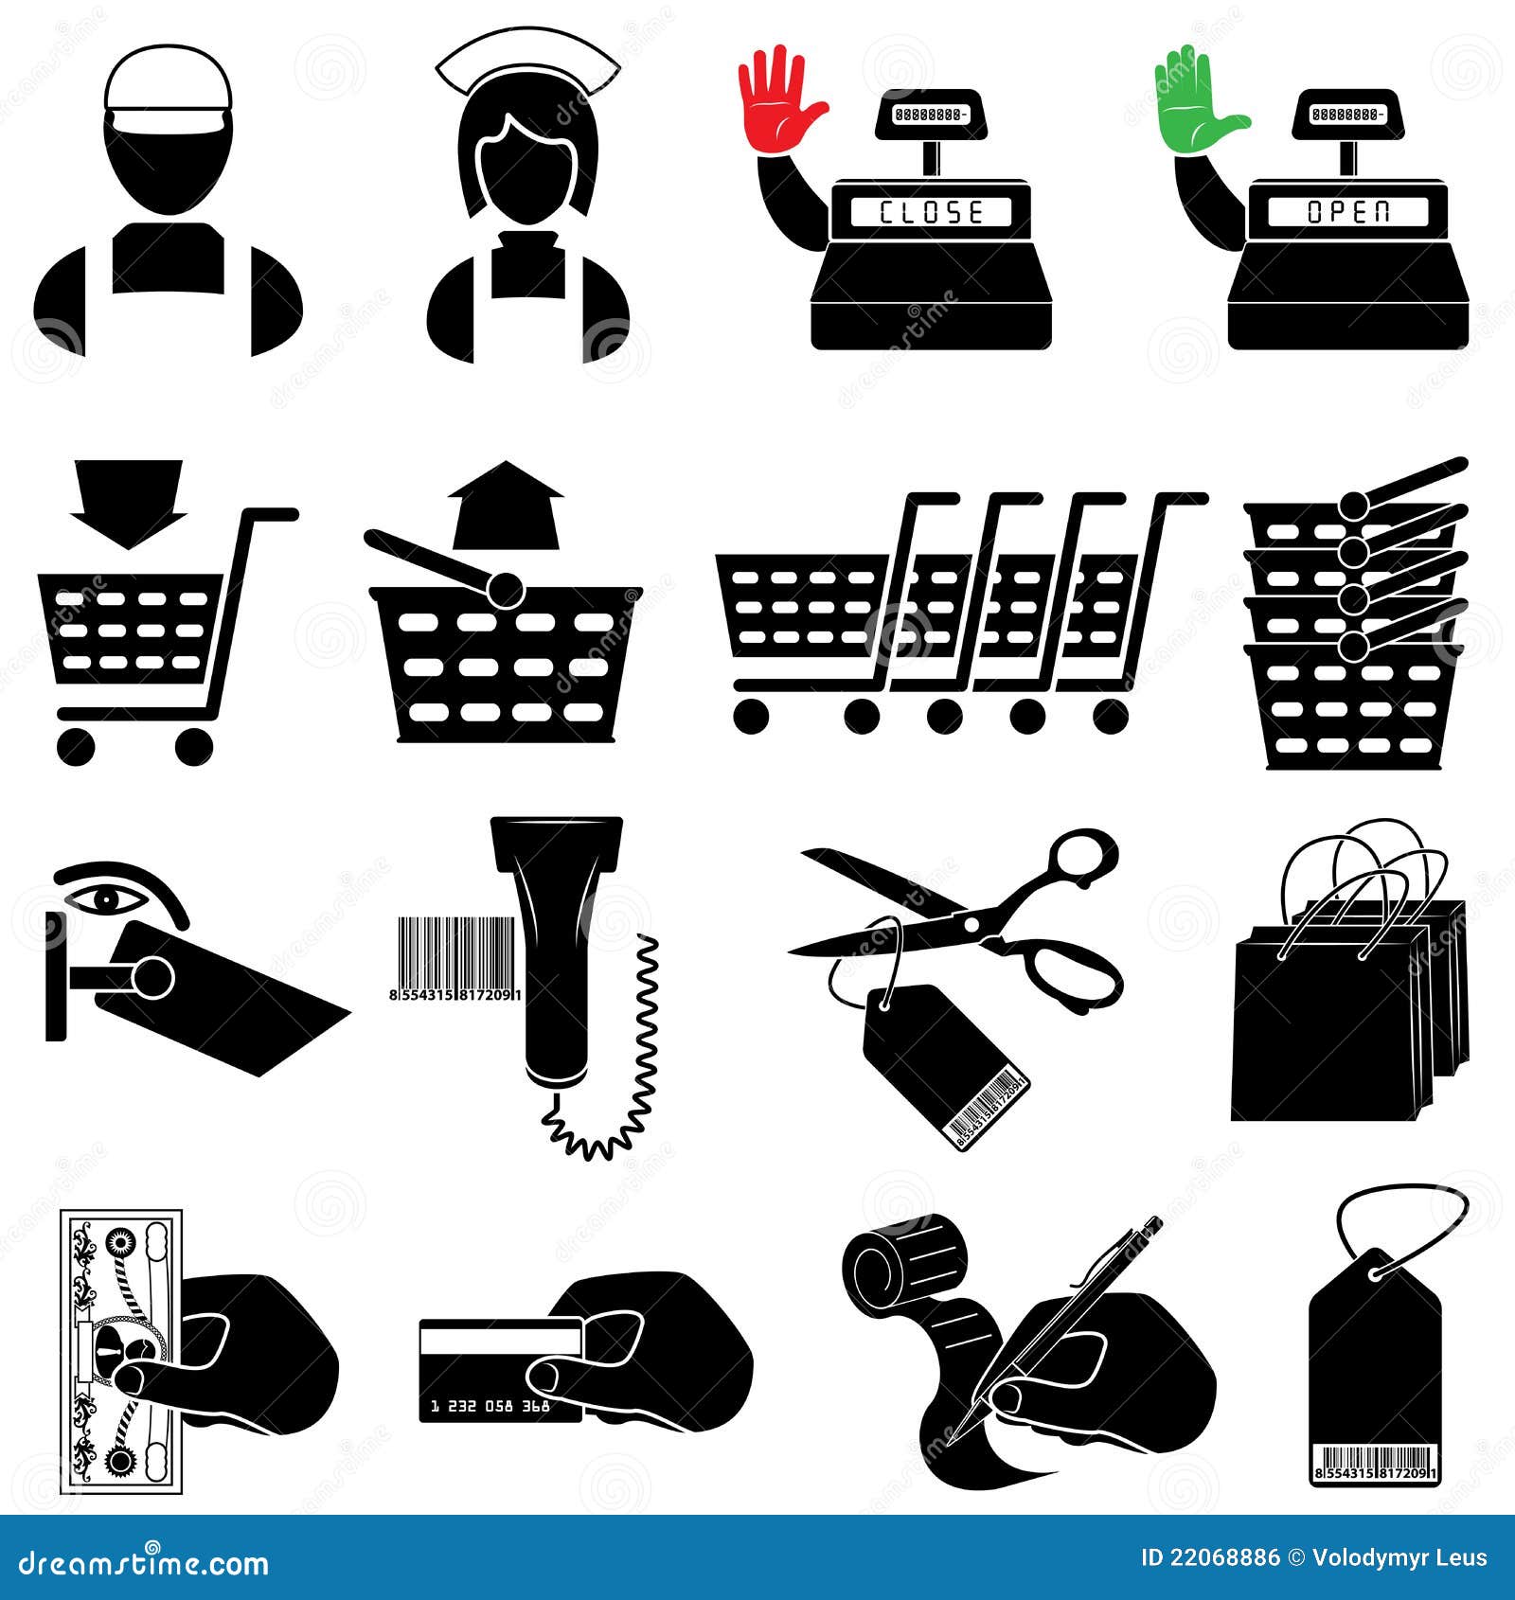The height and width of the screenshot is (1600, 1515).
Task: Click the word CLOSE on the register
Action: [931, 212]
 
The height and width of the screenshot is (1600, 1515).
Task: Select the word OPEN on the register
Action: [1348, 212]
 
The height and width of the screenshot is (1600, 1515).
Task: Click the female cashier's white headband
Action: [527, 66]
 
